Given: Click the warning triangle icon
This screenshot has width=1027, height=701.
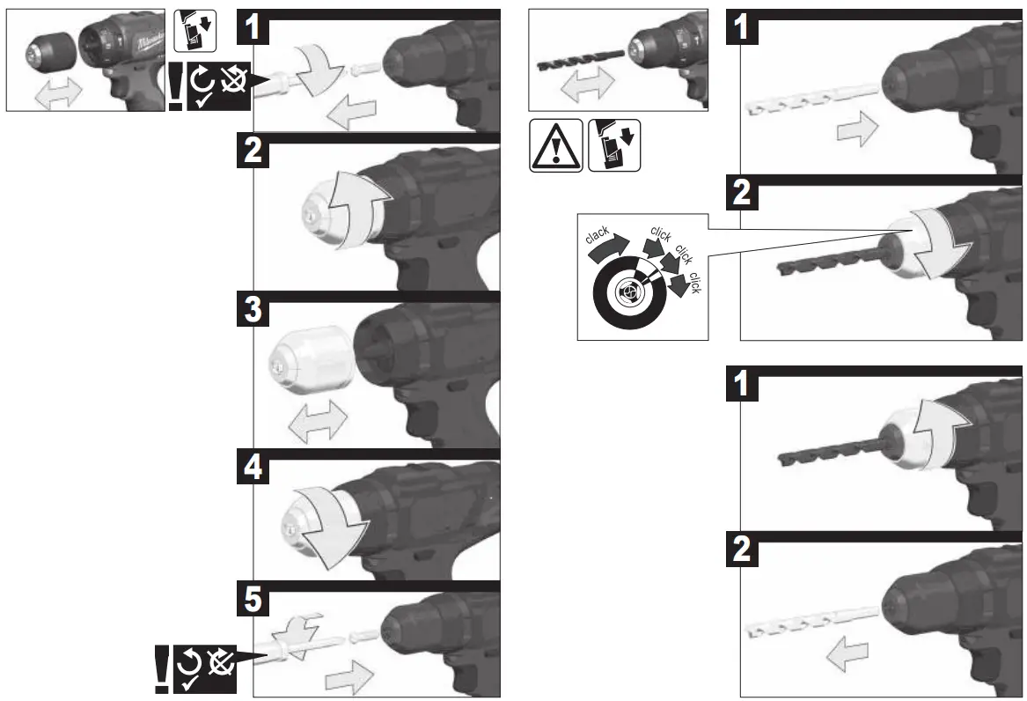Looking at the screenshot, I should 554,144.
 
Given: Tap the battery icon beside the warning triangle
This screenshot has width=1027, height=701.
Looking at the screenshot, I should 614,144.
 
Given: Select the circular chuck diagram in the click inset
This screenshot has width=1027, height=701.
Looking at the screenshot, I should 631,290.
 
